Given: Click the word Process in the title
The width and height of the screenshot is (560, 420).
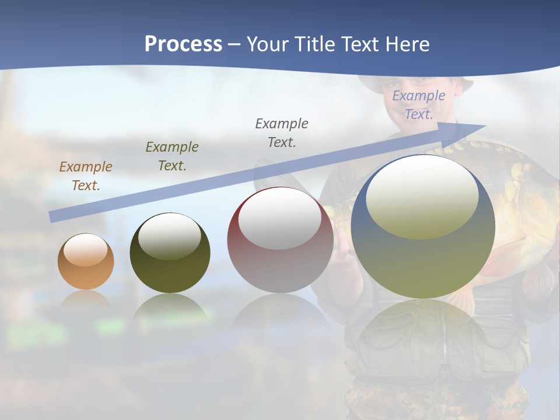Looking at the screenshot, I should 183,44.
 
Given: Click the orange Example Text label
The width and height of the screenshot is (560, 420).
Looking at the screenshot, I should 86,176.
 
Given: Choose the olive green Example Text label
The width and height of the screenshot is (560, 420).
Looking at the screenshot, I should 172,156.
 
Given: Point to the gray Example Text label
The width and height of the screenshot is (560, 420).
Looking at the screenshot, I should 282,132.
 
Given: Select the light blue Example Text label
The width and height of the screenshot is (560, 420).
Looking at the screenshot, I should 418,105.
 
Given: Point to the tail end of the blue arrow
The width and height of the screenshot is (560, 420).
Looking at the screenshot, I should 52,217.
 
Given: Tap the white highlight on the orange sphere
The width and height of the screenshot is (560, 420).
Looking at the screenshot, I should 86,250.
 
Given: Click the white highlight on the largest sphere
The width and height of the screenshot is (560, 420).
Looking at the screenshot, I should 422,197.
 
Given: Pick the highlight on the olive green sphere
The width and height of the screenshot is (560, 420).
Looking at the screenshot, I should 169,236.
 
